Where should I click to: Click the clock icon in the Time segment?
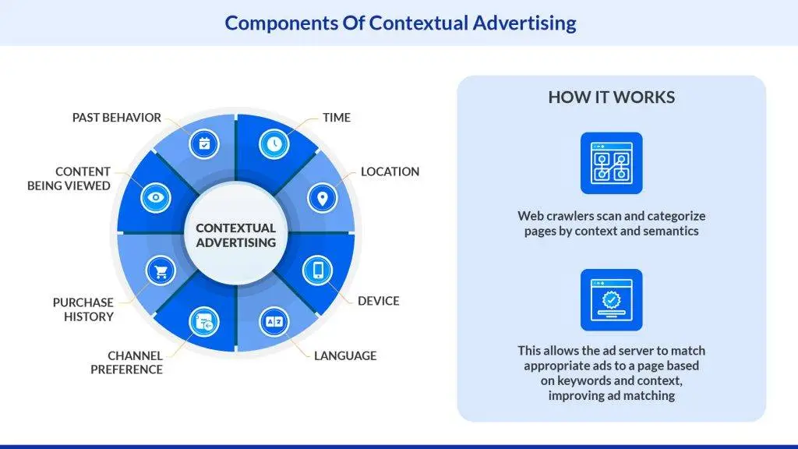pyautogui.click(x=274, y=144)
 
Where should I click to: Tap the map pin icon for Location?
pyautogui.click(x=321, y=198)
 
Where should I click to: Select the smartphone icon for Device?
pyautogui.click(x=318, y=270)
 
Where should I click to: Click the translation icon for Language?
pyautogui.click(x=274, y=321)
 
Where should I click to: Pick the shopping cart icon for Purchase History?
pyautogui.click(x=162, y=271)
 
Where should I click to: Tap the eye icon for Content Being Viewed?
pyautogui.click(x=155, y=198)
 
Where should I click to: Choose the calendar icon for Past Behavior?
pyautogui.click(x=204, y=144)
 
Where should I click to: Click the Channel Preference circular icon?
pyautogui.click(x=205, y=321)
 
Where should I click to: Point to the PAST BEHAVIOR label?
pyautogui.click(x=117, y=118)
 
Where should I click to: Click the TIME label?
pyautogui.click(x=337, y=118)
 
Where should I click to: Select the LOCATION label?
pyautogui.click(x=390, y=171)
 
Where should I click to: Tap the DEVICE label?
pyautogui.click(x=378, y=301)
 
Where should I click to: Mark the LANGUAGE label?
pyautogui.click(x=345, y=355)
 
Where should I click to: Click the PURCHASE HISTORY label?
pyautogui.click(x=83, y=309)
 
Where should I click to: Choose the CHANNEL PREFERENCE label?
pyautogui.click(x=126, y=362)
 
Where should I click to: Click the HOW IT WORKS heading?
pyautogui.click(x=611, y=97)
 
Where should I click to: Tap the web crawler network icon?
pyautogui.click(x=611, y=163)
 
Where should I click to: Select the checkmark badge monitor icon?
pyautogui.click(x=611, y=300)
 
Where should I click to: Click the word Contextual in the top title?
pyautogui.click(x=418, y=23)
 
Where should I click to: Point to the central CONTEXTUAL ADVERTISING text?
pyautogui.click(x=235, y=235)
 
